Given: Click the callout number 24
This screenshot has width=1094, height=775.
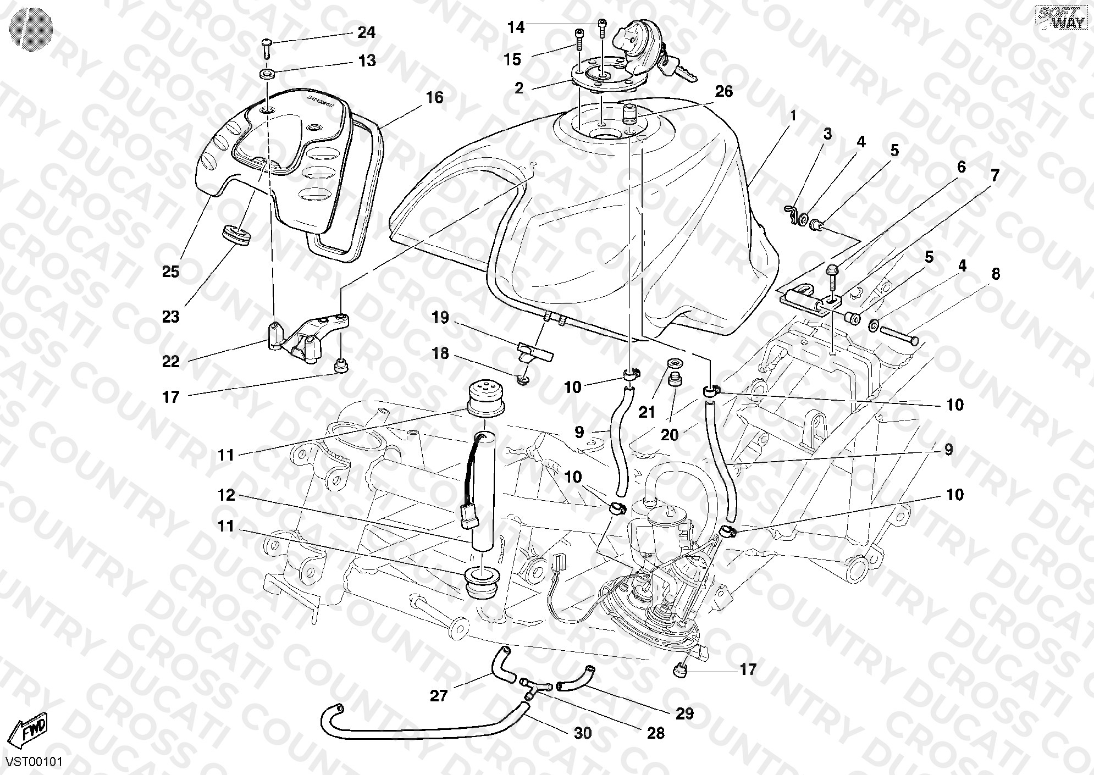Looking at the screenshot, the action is [366, 33].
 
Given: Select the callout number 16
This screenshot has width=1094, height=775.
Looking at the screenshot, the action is [434, 98].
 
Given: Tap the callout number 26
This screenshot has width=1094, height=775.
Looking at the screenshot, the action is [724, 91].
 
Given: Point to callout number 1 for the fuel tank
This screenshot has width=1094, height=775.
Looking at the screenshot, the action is [792, 116].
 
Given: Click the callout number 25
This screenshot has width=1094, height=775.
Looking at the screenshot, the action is [170, 272].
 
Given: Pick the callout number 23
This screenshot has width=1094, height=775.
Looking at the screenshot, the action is [170, 317].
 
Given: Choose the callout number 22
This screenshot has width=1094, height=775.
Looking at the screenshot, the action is [170, 361].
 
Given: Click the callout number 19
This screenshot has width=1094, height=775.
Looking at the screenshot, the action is [440, 318].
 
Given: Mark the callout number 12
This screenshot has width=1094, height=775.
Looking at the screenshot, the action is [226, 495].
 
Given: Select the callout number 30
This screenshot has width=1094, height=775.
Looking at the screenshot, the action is [583, 733].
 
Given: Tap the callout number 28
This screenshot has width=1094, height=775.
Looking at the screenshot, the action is [656, 733].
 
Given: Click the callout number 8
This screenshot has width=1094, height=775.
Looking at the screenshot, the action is [996, 274].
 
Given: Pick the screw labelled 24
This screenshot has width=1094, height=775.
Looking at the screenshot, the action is [266, 48].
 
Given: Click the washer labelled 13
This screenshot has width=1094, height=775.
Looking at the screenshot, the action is [267, 73].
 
